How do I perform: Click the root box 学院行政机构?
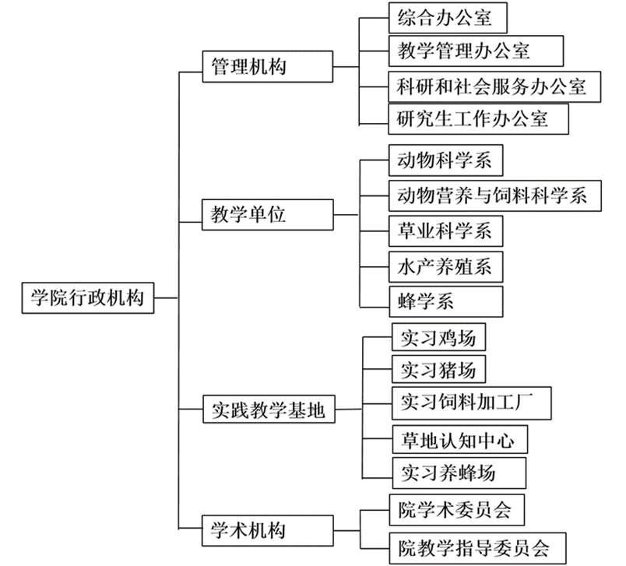coord(88,297)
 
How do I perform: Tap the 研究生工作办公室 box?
coord(478,118)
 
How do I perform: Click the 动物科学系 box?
coord(445,161)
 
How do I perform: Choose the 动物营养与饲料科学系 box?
coord(495,195)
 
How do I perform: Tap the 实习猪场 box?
coord(439,368)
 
